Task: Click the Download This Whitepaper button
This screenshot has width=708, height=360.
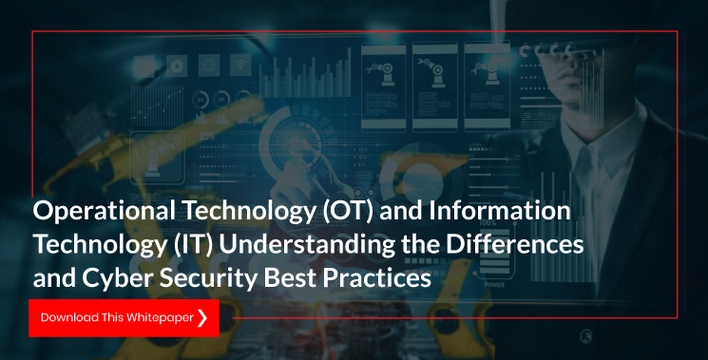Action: [124, 317]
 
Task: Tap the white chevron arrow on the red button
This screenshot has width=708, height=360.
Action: [202, 317]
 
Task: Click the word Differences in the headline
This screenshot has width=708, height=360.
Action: [515, 244]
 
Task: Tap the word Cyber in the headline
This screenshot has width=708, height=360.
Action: [117, 278]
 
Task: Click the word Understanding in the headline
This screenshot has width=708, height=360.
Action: [307, 245]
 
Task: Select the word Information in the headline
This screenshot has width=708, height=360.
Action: [499, 210]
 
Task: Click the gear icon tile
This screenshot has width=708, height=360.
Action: [177, 66]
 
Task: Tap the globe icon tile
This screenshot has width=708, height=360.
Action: [209, 66]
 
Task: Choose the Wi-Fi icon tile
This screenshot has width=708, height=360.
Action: [240, 66]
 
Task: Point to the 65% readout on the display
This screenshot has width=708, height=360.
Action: [207, 136]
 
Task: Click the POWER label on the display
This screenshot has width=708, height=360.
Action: [494, 285]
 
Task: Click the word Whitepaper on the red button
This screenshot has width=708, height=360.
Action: [160, 317]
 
